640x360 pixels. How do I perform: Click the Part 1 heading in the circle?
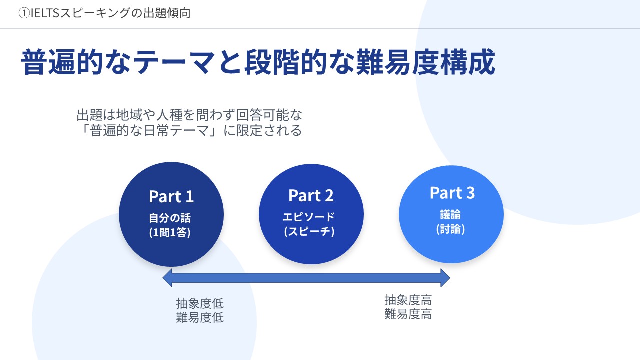pyautogui.click(x=171, y=197)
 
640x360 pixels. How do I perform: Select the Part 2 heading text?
pyautogui.click(x=311, y=196)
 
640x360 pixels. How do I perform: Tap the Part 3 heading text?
pyautogui.click(x=452, y=193)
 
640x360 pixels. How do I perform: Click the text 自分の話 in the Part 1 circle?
pyautogui.click(x=170, y=218)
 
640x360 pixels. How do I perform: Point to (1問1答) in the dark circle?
pyautogui.click(x=170, y=232)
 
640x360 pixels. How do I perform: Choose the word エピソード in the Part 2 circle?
pyautogui.click(x=309, y=217)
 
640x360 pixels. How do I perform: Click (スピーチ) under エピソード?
pyautogui.click(x=309, y=232)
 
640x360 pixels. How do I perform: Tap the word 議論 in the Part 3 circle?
pyautogui.click(x=450, y=215)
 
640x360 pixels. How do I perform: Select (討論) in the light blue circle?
pyautogui.click(x=450, y=229)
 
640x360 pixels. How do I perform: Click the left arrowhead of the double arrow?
pyautogui.click(x=168, y=278)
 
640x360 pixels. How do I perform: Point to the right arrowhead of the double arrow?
pyautogui.click(x=444, y=278)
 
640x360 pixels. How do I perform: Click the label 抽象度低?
pyautogui.click(x=200, y=303)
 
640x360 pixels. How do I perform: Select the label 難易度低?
pyautogui.click(x=200, y=317)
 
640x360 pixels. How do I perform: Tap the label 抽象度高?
pyautogui.click(x=408, y=300)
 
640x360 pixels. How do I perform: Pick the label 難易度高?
pyautogui.click(x=408, y=314)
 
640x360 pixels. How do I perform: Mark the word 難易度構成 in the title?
pyautogui.click(x=425, y=62)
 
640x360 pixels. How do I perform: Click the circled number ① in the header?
pyautogui.click(x=23, y=14)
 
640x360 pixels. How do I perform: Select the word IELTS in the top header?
pyautogui.click(x=45, y=14)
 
